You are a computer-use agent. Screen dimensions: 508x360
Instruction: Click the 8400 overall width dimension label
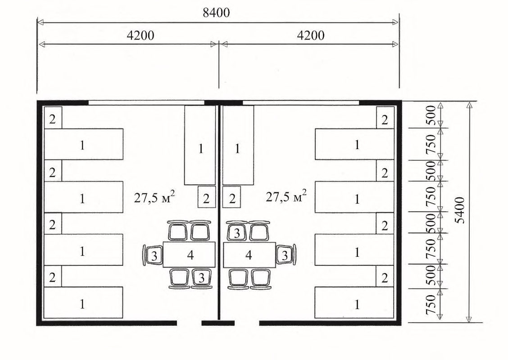(216, 13)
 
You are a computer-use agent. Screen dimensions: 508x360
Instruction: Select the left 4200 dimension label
(140, 35)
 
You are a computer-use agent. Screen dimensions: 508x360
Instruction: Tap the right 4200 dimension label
(311, 35)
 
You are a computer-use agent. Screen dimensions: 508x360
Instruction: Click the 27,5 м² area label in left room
(154, 196)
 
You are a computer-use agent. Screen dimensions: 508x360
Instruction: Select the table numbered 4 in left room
(189, 255)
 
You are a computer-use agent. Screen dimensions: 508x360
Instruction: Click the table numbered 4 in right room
(249, 255)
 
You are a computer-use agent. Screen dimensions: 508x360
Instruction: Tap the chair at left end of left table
(153, 255)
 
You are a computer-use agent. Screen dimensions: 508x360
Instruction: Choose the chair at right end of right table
(286, 255)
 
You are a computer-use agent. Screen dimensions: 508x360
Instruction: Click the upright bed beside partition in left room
(200, 145)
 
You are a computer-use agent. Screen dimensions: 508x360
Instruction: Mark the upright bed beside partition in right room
(238, 145)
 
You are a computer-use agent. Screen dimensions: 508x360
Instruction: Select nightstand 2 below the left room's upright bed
(207, 197)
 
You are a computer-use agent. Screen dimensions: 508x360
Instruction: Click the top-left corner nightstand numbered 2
(53, 118)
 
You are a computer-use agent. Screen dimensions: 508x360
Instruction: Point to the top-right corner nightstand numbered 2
(385, 118)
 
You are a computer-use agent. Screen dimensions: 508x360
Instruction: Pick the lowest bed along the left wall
(83, 302)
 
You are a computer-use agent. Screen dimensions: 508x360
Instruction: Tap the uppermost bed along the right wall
(354, 144)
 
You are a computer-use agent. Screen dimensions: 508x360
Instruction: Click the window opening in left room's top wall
(146, 103)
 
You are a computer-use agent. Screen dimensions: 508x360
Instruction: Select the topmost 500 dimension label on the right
(431, 115)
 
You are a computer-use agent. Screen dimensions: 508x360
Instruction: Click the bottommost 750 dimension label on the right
(431, 305)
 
